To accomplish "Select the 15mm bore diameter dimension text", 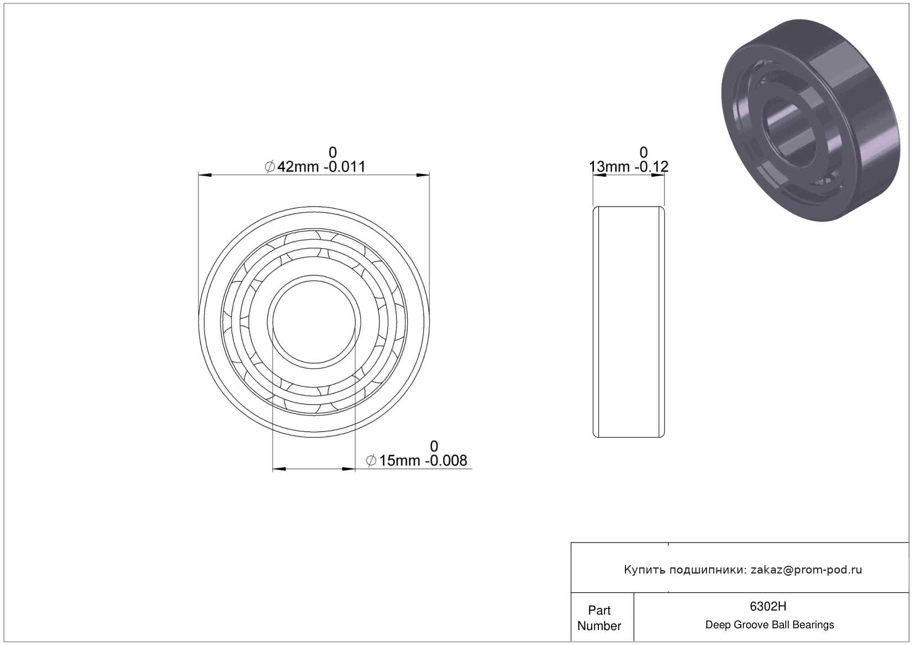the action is click(x=399, y=460).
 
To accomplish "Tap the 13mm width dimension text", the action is click(x=609, y=167).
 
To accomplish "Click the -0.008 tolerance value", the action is click(x=446, y=460).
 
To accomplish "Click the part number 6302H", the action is click(x=768, y=606).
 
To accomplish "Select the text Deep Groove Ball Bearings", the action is click(x=770, y=624).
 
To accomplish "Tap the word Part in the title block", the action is click(x=599, y=610).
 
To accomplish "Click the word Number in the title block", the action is click(x=599, y=626).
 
